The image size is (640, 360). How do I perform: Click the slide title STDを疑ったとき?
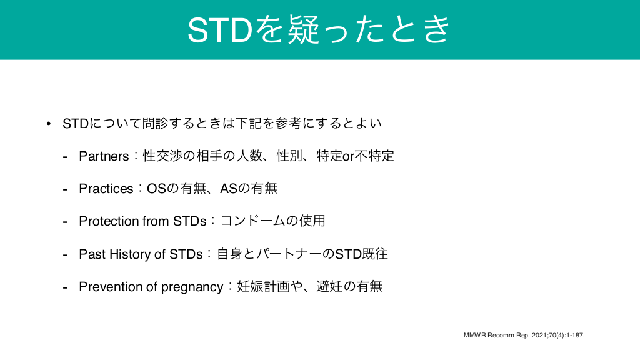click(319, 29)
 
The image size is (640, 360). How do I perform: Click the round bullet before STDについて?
click(49, 123)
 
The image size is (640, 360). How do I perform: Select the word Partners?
click(104, 156)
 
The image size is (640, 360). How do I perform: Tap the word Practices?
click(106, 189)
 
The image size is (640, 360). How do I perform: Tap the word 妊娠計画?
click(263, 286)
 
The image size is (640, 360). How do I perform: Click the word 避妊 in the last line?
click(329, 286)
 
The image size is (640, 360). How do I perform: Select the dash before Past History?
click(65, 255)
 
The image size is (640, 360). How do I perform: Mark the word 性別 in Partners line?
click(290, 156)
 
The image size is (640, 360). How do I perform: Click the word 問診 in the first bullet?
click(156, 123)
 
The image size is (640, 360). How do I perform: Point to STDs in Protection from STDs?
click(190, 221)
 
